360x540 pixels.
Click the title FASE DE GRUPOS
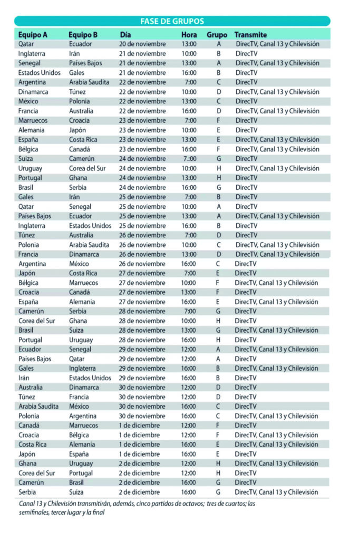(172, 21)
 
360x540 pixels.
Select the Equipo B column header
(83, 35)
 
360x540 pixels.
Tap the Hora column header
(189, 35)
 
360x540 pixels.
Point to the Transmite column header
(251, 35)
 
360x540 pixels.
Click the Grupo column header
(217, 35)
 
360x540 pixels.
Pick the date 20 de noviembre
(142, 44)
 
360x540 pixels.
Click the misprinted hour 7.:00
(189, 159)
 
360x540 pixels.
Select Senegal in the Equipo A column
(30, 63)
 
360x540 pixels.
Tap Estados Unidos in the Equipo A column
(40, 73)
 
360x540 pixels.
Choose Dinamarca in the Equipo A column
(34, 92)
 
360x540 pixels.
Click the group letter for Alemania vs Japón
(218, 130)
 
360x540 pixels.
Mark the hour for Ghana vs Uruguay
(189, 464)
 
